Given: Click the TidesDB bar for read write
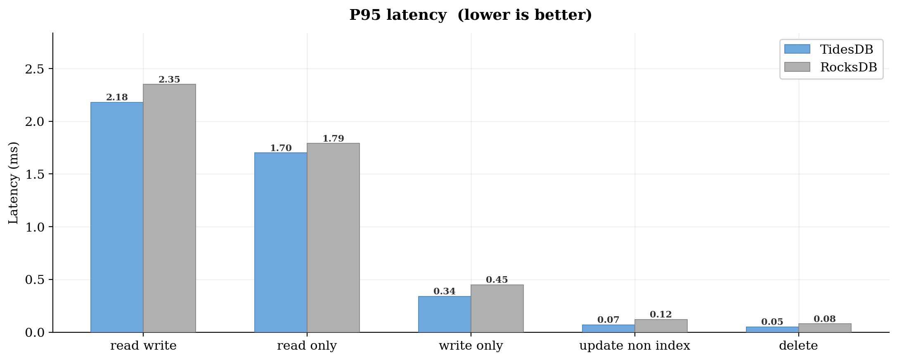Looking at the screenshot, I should click(x=117, y=217).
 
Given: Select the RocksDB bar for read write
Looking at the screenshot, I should click(x=169, y=208).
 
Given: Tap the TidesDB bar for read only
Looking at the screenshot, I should click(x=281, y=242).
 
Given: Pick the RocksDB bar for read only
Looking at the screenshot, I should click(x=333, y=238).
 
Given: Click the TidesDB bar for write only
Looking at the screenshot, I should click(x=445, y=314).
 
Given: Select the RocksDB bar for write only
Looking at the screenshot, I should click(x=497, y=308).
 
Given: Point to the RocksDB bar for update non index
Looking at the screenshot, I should click(x=661, y=326).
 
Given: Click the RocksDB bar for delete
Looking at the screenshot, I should click(x=825, y=328).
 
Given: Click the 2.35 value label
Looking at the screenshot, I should click(x=169, y=80).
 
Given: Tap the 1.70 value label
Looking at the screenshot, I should click(x=281, y=148).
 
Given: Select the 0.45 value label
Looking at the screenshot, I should click(x=497, y=280).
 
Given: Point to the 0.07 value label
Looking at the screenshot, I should click(x=608, y=320).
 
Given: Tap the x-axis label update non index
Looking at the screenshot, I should click(x=634, y=346).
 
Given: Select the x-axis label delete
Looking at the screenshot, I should click(x=798, y=346).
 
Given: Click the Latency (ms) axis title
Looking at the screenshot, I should click(x=14, y=183).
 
